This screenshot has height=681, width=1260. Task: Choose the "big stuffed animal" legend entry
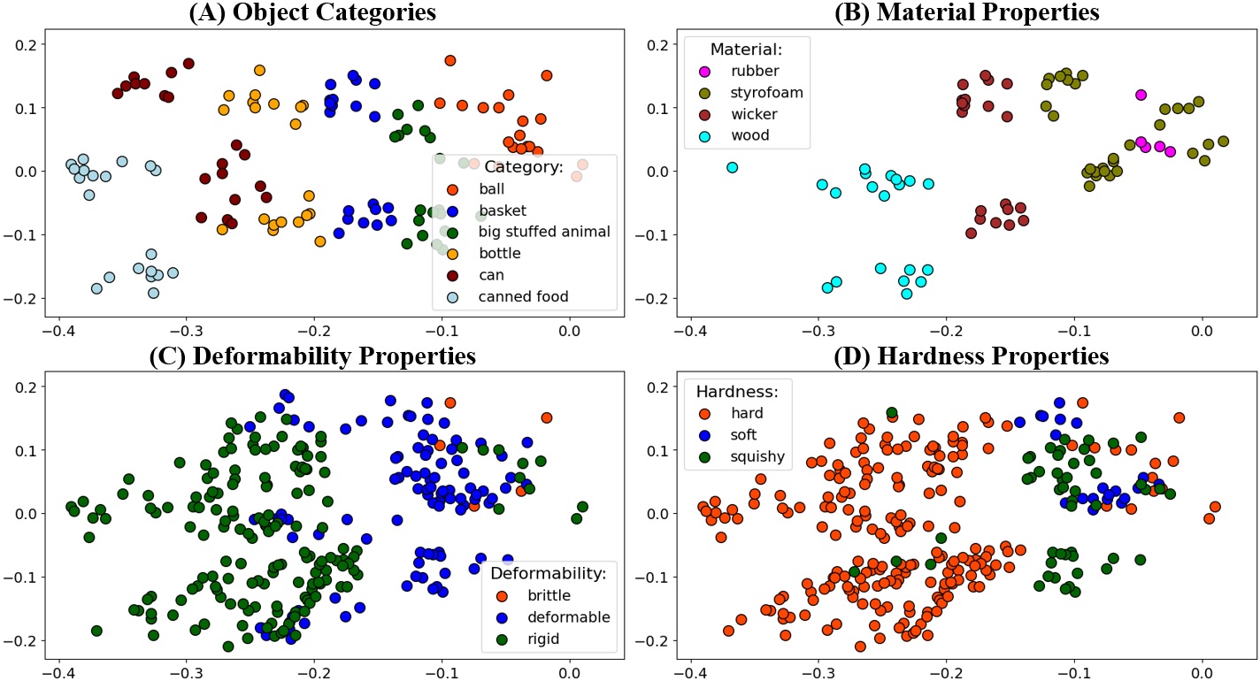pos(543,232)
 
